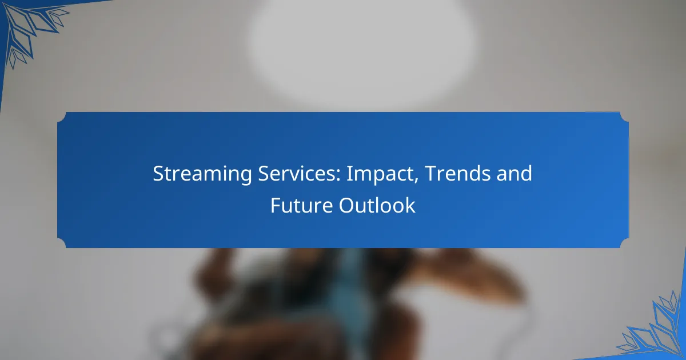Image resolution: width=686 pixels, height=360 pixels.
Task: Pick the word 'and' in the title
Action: tap(516, 174)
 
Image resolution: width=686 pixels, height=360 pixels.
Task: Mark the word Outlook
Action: tap(377, 206)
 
